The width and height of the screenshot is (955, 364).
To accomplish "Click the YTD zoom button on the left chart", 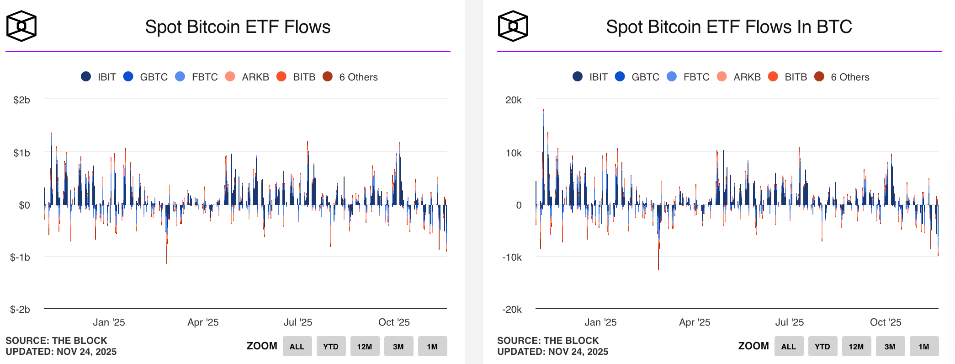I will tap(331, 346).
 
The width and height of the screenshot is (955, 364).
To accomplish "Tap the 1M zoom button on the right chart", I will tap(923, 346).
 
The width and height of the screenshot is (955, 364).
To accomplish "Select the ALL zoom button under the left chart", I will tap(297, 346).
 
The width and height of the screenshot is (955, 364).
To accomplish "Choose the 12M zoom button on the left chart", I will tap(365, 346).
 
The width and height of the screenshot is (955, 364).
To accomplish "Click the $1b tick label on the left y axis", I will tap(21, 153).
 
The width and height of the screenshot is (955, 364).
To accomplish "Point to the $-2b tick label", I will tap(20, 309).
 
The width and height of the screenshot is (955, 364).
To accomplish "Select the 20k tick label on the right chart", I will tap(513, 100).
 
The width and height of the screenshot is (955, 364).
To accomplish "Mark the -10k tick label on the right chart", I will tap(512, 257).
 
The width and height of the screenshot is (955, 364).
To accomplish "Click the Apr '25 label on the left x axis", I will tap(203, 322).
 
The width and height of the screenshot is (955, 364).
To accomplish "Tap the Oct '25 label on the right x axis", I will tap(885, 322).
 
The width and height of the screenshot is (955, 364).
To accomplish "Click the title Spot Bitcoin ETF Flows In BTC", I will tap(729, 27).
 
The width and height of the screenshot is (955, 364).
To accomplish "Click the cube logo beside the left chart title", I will tap(21, 27).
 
